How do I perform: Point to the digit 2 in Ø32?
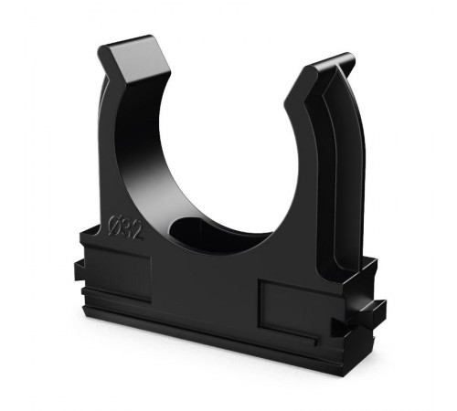click(137, 231)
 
